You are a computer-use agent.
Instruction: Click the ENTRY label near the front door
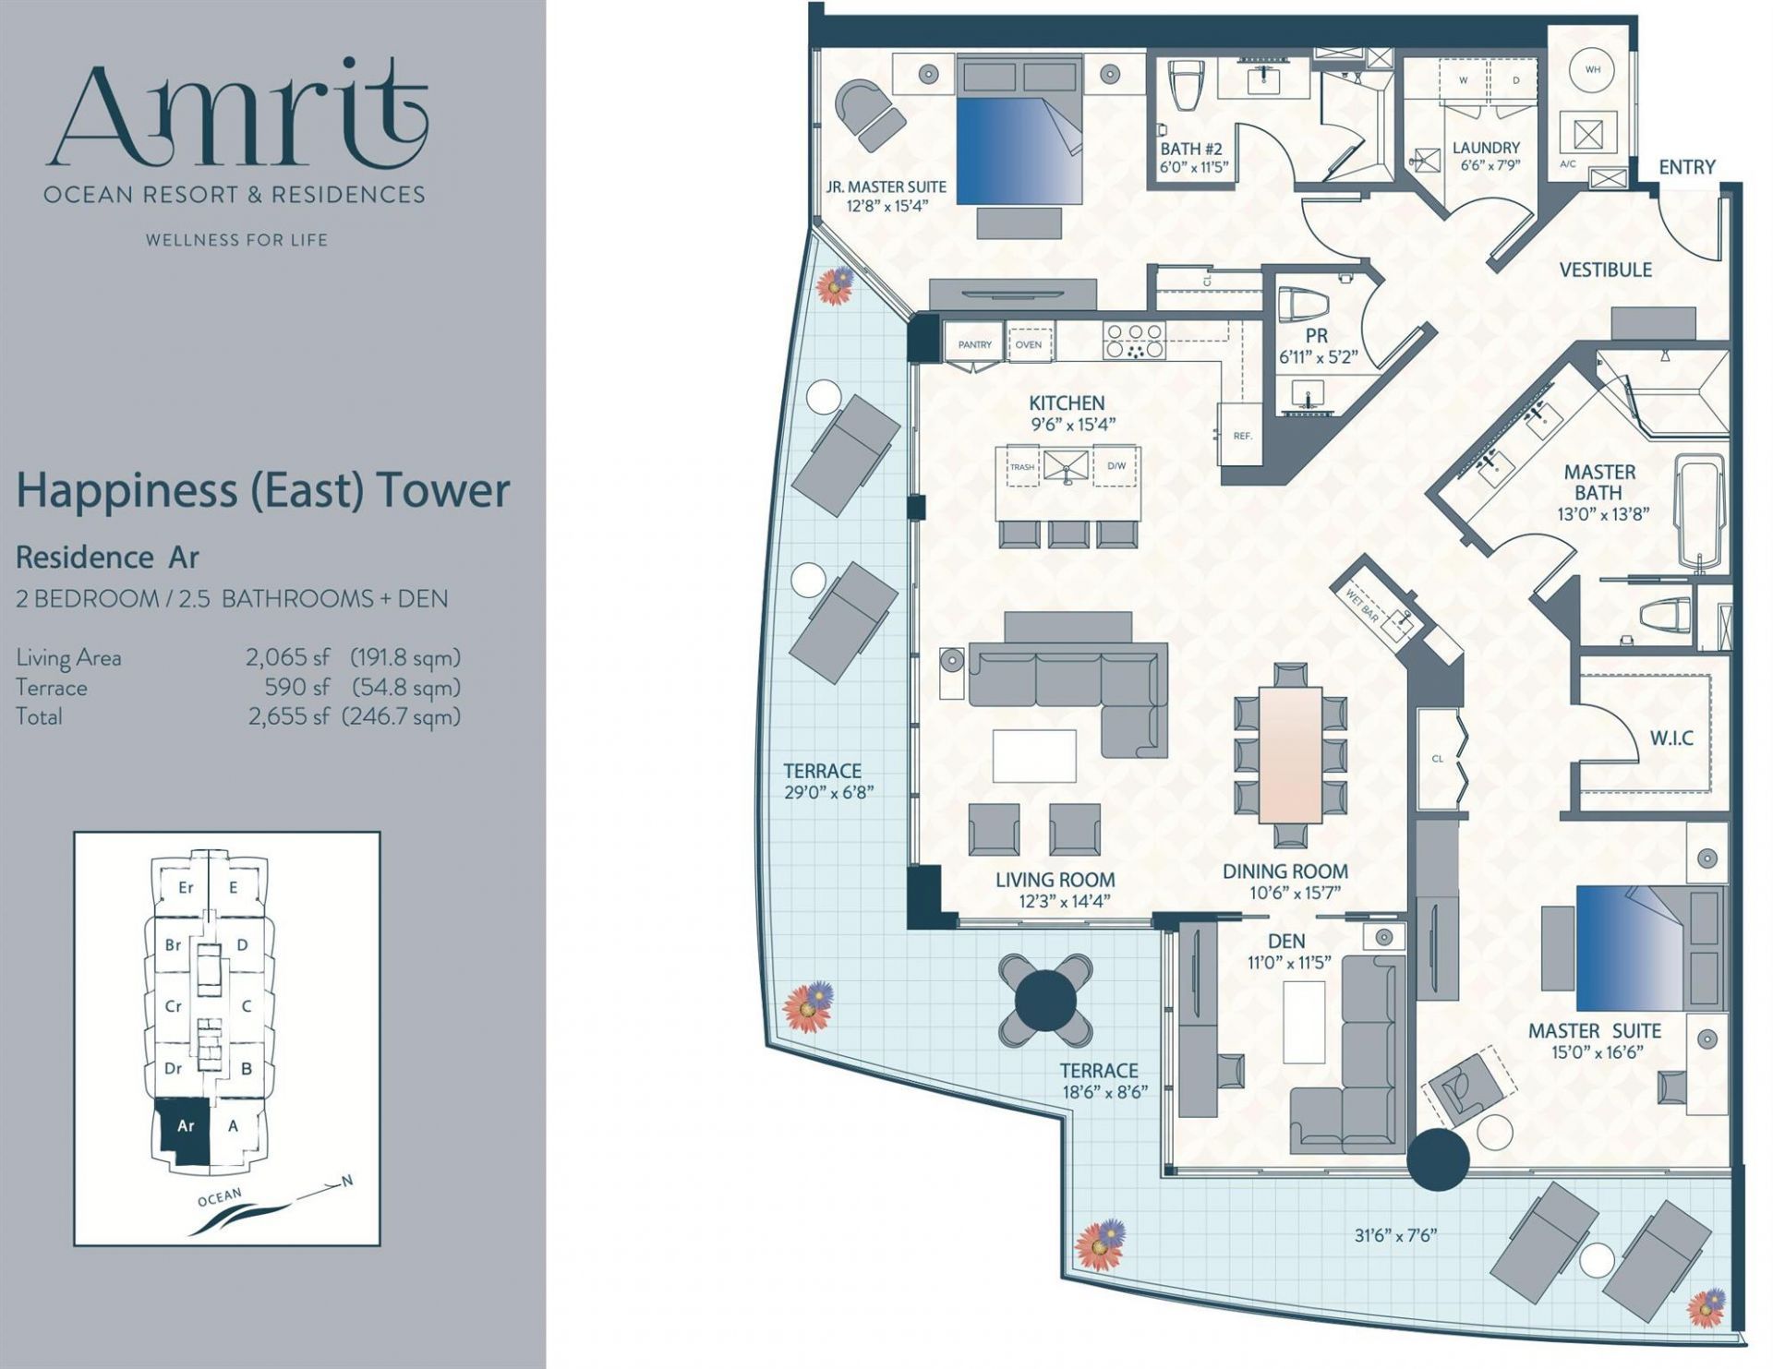[x=1686, y=167]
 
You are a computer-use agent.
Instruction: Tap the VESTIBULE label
[x=1605, y=270]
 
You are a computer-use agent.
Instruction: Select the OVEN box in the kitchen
[x=1029, y=344]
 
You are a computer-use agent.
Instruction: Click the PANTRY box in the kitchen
[x=974, y=344]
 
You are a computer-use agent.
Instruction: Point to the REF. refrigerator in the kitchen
[x=1242, y=430]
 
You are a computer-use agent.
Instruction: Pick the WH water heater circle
[x=1593, y=69]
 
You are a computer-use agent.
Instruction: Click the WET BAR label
[x=1362, y=607]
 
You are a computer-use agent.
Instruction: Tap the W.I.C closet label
[x=1671, y=739]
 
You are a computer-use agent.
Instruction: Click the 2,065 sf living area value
[x=287, y=657]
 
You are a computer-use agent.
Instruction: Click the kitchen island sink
[x=1067, y=467]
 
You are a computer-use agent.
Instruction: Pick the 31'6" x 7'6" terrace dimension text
[x=1395, y=1235]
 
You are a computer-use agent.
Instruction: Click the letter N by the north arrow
[x=347, y=1181]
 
